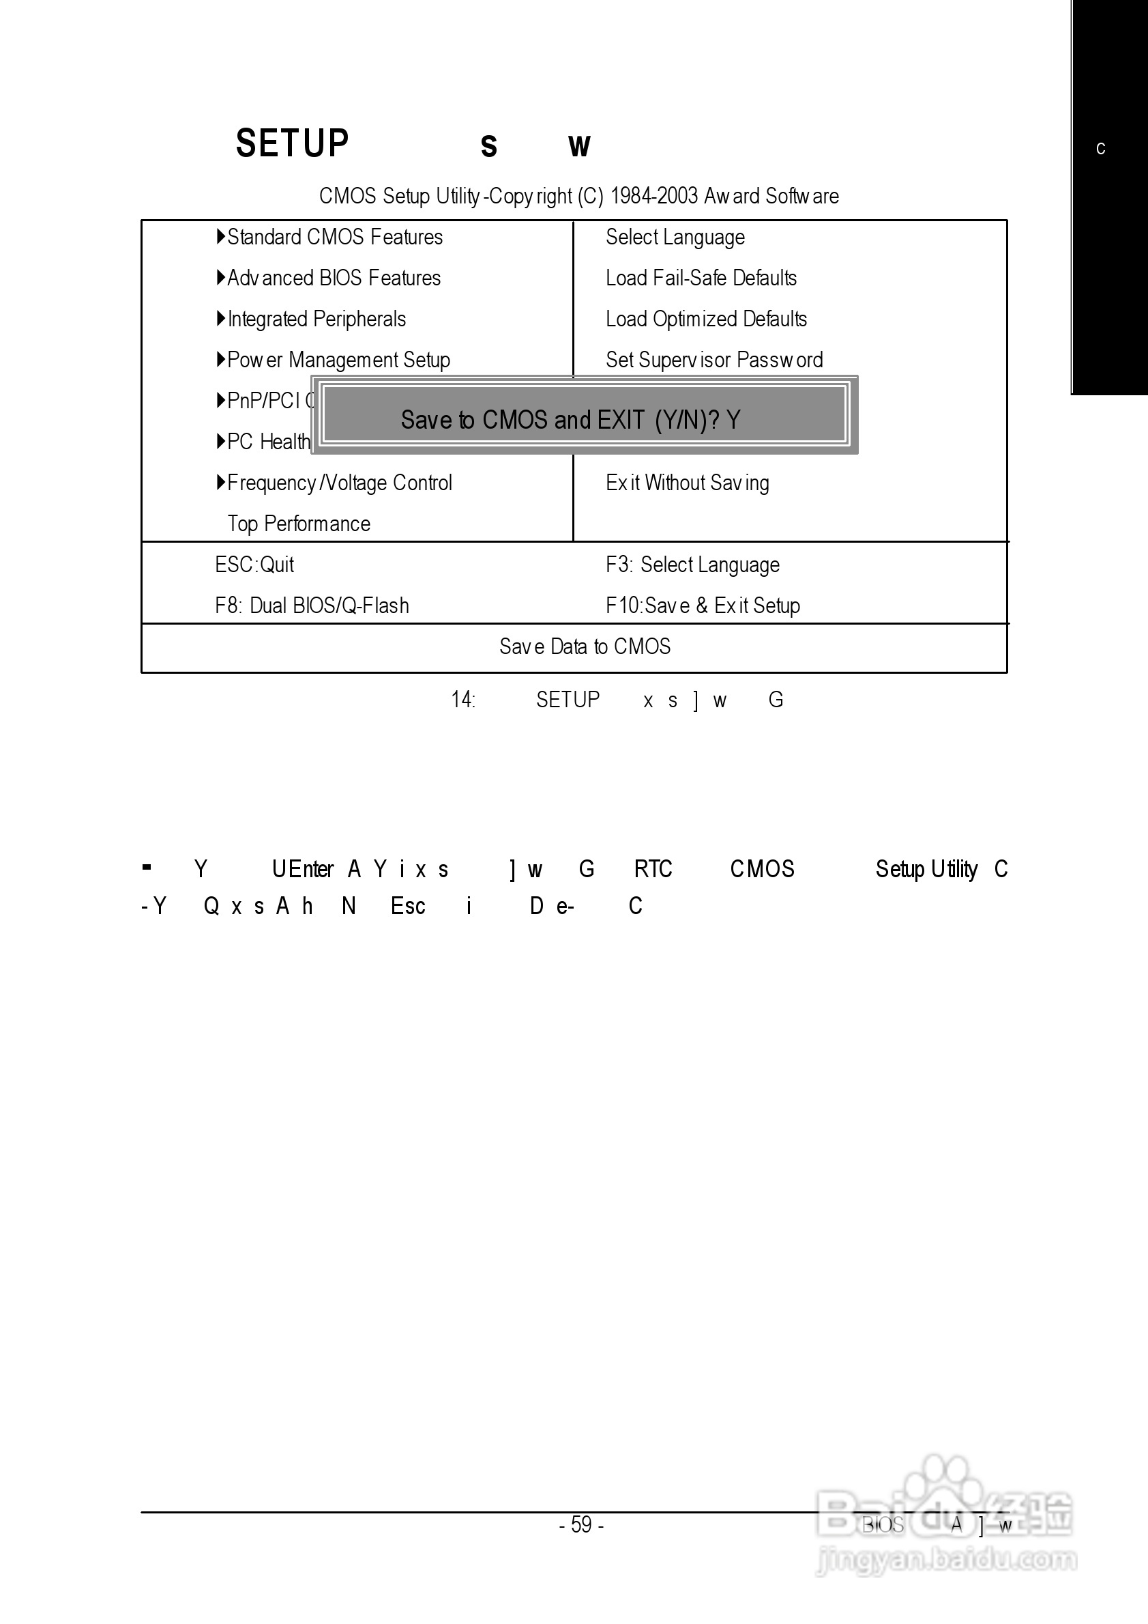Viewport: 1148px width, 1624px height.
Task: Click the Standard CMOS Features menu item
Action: [334, 237]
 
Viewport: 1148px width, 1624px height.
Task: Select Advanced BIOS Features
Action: [334, 278]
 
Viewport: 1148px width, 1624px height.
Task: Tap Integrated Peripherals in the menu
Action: [317, 319]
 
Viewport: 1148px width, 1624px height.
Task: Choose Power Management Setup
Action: [338, 360]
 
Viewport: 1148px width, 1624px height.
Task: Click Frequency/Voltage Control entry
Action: [339, 483]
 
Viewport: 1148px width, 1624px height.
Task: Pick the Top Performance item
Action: [299, 524]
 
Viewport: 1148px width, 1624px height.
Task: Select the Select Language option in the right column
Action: [675, 237]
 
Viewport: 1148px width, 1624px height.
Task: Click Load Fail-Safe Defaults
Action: [701, 278]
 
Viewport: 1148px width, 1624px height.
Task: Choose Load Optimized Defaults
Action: [706, 319]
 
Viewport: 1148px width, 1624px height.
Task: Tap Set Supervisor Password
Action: [714, 360]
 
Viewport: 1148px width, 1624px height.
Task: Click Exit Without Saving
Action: [687, 483]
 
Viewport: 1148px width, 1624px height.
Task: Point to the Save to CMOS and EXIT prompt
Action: [570, 420]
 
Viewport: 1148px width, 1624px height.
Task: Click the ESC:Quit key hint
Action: [254, 565]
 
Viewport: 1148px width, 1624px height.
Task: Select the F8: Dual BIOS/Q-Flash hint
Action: [312, 606]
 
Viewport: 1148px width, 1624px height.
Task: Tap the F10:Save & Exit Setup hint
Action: [703, 606]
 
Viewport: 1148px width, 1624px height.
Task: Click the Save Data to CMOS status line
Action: [585, 647]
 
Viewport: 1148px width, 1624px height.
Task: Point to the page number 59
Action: [581, 1524]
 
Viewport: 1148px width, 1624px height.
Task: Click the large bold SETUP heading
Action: [292, 143]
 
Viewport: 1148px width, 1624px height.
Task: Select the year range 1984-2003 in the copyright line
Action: [654, 196]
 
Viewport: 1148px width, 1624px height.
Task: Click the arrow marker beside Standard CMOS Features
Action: [220, 236]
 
